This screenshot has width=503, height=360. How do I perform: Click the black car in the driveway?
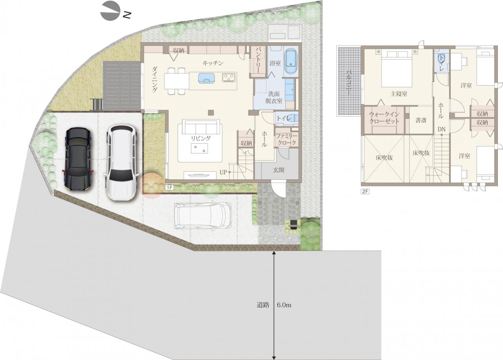tap(78, 159)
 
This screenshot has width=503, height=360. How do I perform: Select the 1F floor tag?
tap(169, 187)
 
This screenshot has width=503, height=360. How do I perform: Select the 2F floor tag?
tap(365, 191)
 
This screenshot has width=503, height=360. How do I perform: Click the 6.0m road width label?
tap(284, 305)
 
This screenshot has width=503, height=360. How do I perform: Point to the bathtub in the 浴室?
tap(291, 61)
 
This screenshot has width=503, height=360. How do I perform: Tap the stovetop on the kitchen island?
tap(229, 77)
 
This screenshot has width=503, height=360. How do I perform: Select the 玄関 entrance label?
tap(279, 170)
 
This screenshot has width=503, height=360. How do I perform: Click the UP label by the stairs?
tap(223, 172)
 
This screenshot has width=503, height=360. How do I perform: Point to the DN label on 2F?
tap(441, 129)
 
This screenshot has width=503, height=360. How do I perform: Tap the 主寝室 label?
tap(399, 94)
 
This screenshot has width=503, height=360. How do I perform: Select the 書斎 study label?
tap(421, 120)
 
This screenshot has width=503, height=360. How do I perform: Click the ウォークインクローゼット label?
tap(384, 118)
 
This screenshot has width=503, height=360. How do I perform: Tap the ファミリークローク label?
tap(286, 139)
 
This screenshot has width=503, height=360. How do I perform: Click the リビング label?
tap(201, 138)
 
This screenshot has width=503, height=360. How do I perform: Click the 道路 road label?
tap(263, 305)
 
